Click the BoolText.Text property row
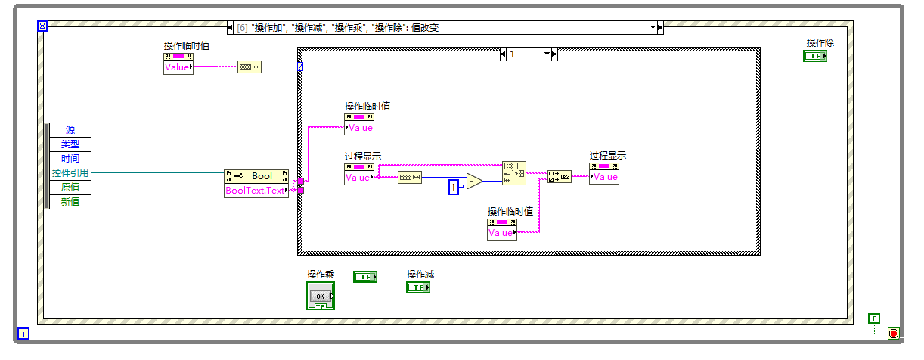pyautogui.click(x=256, y=191)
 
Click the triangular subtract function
pyautogui.click(x=474, y=181)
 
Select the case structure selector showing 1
pyautogui.click(x=529, y=54)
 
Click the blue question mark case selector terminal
pyautogui.click(x=300, y=67)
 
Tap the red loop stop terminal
pyautogui.click(x=893, y=334)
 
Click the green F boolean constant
pyautogui.click(x=874, y=318)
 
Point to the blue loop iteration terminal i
pyautogui.click(x=23, y=334)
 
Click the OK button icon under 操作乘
pyautogui.click(x=320, y=296)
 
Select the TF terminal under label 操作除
pyautogui.click(x=814, y=56)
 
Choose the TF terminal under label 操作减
pyautogui.click(x=417, y=287)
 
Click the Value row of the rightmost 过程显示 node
pyautogui.click(x=604, y=177)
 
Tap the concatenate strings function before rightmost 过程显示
pyautogui.click(x=560, y=177)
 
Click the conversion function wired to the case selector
pyautogui.click(x=249, y=67)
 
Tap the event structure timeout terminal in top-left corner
pyautogui.click(x=42, y=26)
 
